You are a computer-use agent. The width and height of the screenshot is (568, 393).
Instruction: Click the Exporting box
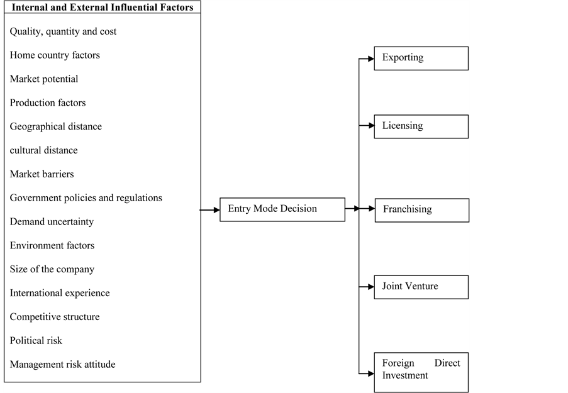coord(421,58)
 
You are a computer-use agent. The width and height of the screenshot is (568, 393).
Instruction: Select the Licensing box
coord(421,126)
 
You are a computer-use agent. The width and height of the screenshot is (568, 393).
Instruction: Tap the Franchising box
coord(421,210)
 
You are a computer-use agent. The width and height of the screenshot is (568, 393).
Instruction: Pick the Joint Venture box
coord(421,287)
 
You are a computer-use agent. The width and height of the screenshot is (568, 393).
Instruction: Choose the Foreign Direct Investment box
coord(421,372)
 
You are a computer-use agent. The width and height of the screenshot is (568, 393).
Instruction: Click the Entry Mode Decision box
coord(282,209)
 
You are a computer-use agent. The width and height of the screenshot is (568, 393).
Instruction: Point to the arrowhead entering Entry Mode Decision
coord(216,210)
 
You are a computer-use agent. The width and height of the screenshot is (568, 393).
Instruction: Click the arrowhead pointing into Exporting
coord(371,58)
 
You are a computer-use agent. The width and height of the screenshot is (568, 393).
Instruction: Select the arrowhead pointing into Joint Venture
coord(371,287)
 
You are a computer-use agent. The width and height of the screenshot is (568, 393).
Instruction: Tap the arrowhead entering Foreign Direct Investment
coord(371,374)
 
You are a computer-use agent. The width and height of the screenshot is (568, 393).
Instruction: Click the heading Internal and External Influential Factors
coord(103,8)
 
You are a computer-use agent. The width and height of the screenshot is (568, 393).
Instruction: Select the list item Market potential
coord(44,79)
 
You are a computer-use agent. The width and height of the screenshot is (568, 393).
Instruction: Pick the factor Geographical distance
coord(56,126)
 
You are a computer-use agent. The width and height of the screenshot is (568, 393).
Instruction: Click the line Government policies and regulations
coord(86,198)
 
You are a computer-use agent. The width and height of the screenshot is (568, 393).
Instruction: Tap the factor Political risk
coord(36,340)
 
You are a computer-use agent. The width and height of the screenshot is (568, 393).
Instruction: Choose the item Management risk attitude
coord(63,364)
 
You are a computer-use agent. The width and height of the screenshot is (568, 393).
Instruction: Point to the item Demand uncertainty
coord(52,222)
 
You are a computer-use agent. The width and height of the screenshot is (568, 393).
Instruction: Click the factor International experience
coord(60,293)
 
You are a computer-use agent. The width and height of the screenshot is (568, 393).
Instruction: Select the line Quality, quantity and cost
coord(63,31)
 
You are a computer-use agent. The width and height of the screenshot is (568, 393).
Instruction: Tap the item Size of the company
coord(52,269)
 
